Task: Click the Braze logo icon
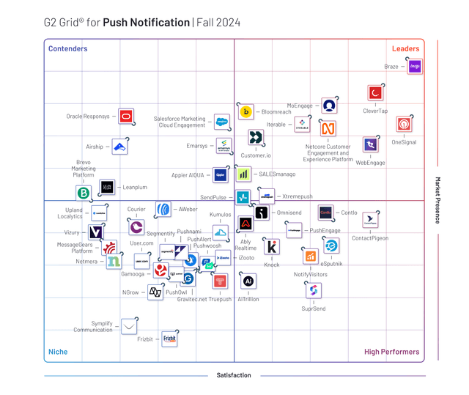pos(415,67)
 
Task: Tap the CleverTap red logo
pos(375,94)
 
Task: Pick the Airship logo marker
pos(120,147)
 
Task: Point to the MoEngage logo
pos(330,106)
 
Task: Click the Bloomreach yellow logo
pos(246,111)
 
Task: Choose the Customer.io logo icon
pos(256,138)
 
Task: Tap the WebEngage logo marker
pos(371,145)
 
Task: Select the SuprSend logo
pos(314,291)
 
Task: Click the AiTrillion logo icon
pos(248,281)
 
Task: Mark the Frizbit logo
pos(169,339)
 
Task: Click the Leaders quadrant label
pos(405,49)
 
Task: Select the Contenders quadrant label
pos(67,49)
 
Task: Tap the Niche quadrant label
pos(58,352)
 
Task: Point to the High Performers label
pos(391,352)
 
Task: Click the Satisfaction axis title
pos(234,375)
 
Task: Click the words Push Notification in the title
pos(146,22)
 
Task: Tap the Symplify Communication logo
pos(129,326)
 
